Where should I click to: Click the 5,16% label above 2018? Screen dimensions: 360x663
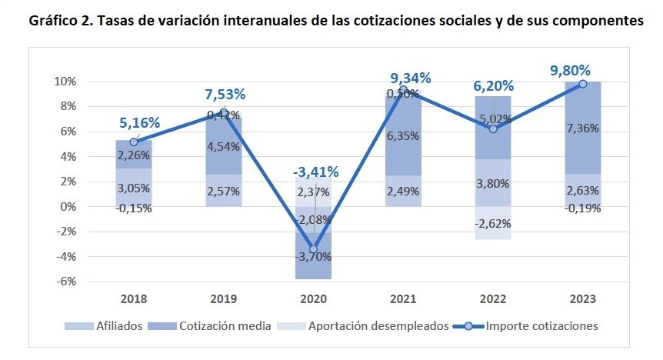point(139,122)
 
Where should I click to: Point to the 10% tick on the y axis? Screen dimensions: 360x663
point(64,82)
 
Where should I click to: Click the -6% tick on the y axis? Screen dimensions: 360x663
point(65,282)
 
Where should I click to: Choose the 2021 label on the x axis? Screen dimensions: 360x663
point(404,298)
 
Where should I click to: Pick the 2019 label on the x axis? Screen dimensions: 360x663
point(225,298)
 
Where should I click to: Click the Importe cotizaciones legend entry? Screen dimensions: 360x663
point(541,326)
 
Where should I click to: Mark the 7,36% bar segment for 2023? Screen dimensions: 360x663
point(583,128)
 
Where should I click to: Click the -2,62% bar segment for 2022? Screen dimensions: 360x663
point(494,223)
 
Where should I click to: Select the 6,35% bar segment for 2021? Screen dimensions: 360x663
point(403,136)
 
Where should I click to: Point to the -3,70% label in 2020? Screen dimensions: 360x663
point(314,255)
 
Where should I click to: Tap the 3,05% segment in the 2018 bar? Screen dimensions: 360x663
point(134,188)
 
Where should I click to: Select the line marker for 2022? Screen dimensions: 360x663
point(493,128)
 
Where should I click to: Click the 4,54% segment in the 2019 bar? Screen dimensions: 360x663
point(224,147)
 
